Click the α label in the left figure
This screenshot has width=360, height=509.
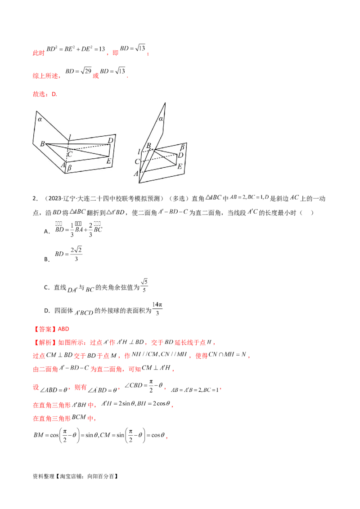pos(40,120)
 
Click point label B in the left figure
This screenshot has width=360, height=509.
pos(42,144)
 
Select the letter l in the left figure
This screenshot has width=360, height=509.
pos(70,137)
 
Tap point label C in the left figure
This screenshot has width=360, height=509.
pos(70,154)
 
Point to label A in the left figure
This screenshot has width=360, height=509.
pos(63,165)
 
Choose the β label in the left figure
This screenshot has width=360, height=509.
pos(70,167)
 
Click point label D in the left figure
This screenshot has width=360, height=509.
pos(110,141)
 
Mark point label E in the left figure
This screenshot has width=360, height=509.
pos(108,161)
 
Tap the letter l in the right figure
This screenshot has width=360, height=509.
pos(139,152)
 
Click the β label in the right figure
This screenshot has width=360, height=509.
pos(182,147)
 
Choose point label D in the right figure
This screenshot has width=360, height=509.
pos(180,155)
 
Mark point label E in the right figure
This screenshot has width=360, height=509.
pos(180,166)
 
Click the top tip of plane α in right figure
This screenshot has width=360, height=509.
pos(165,103)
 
